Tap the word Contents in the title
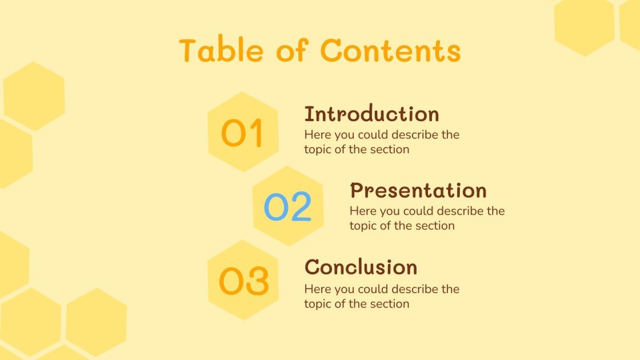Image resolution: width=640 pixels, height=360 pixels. coord(390,51)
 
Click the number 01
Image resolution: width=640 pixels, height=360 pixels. coord(242,134)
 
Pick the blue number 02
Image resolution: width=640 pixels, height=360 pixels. coord(287,207)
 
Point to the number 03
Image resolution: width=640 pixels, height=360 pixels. coord(243,281)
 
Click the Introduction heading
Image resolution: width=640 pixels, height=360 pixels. coord(371,114)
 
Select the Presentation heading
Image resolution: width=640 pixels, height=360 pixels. coord(418,190)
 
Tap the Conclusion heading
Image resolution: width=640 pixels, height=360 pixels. coord(361,267)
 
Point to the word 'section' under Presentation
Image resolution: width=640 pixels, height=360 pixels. coord(435,225)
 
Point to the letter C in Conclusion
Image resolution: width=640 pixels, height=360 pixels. coord(312,267)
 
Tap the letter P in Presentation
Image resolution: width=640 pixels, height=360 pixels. coord(358,190)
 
